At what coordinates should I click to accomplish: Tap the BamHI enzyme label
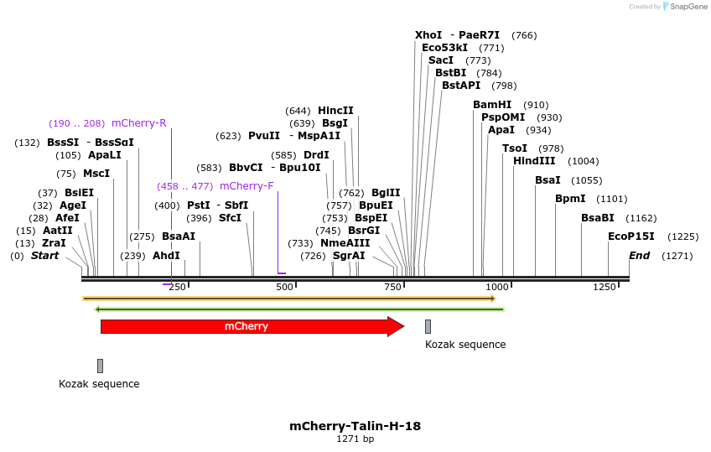(x=492, y=105)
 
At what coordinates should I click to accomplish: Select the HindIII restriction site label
(x=534, y=161)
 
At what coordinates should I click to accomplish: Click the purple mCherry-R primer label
(x=138, y=123)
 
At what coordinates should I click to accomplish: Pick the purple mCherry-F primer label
(x=247, y=186)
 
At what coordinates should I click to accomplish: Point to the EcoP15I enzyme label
(x=631, y=236)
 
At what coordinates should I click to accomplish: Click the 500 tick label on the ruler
(x=284, y=288)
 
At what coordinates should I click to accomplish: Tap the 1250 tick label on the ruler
(x=605, y=288)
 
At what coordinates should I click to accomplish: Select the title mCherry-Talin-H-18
(x=355, y=426)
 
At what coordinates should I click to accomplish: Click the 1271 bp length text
(x=355, y=439)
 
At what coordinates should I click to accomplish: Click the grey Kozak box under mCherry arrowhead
(x=428, y=326)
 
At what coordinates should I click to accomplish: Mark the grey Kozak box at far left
(x=100, y=366)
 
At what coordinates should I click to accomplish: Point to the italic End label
(x=639, y=256)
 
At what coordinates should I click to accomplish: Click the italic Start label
(x=45, y=256)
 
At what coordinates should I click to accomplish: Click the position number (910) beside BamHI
(x=536, y=105)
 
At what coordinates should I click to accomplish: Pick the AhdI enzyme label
(x=166, y=256)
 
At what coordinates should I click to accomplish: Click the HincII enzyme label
(x=335, y=111)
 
